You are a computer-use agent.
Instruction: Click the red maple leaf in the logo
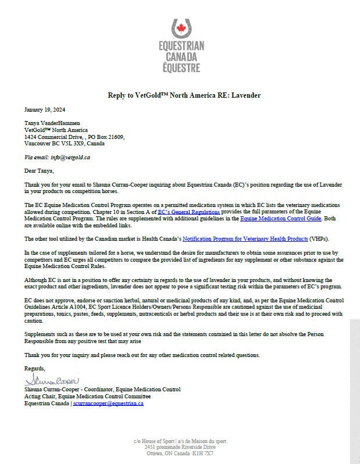(180, 28)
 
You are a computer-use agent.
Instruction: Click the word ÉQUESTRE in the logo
(180, 67)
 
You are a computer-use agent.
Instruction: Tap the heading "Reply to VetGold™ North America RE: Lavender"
(180, 95)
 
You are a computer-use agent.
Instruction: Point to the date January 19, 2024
(45, 109)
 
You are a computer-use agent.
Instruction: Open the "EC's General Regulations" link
(188, 212)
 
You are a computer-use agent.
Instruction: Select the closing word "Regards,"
(35, 369)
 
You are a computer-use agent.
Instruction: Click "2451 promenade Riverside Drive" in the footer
(180, 447)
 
